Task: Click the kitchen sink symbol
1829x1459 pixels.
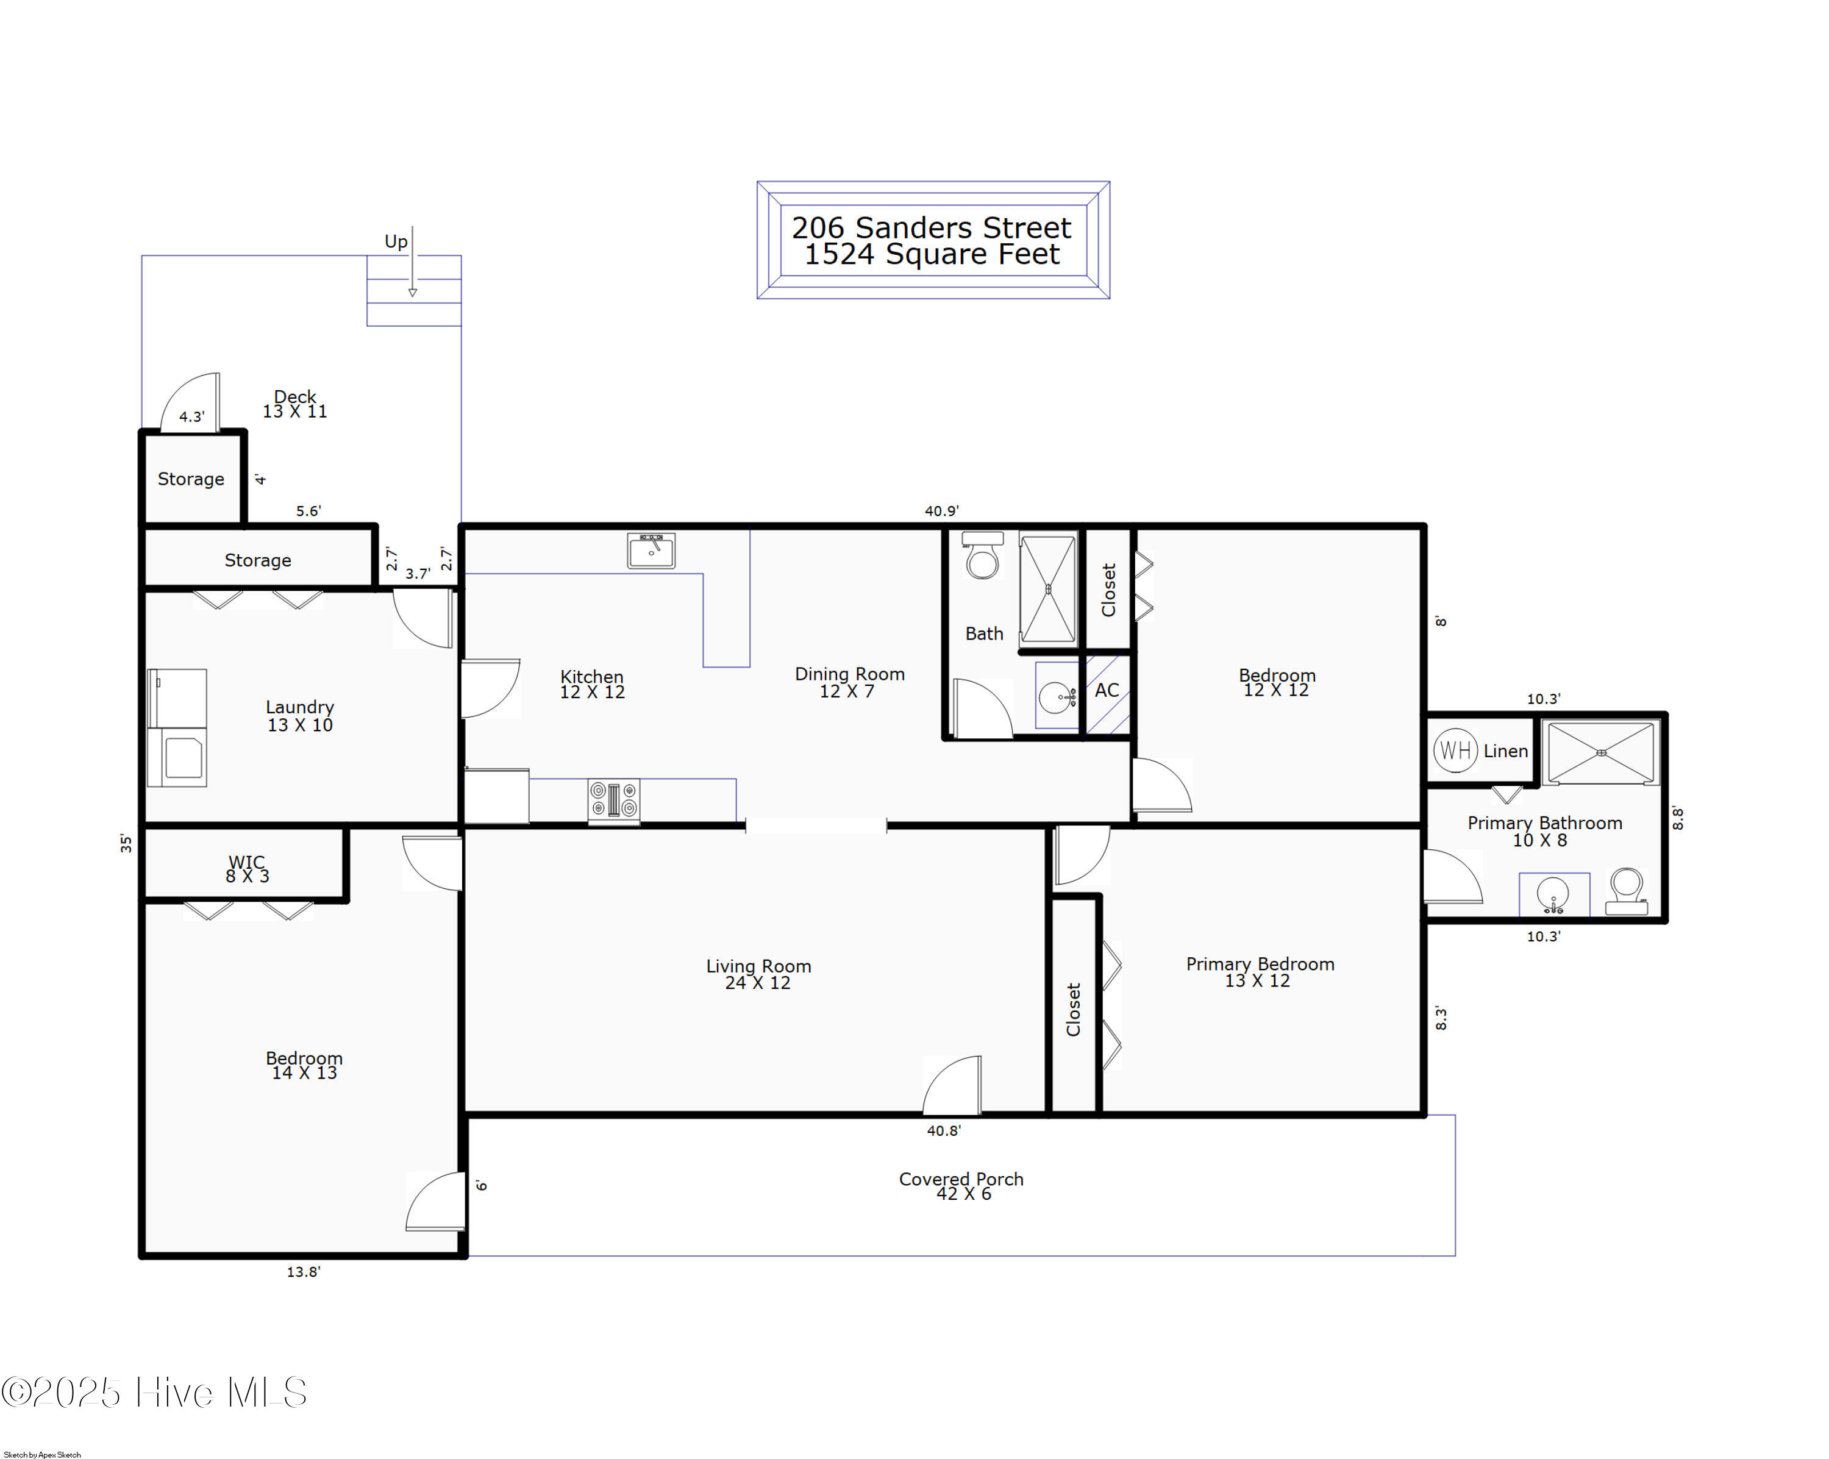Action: tap(651, 550)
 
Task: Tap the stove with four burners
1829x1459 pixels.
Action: tap(613, 800)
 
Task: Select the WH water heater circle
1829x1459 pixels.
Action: tap(1455, 751)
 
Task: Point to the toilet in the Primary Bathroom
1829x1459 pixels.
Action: tap(1626, 891)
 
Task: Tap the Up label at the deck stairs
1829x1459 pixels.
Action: tap(395, 242)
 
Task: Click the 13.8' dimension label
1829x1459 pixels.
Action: tap(303, 1272)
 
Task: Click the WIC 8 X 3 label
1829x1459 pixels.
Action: tap(247, 869)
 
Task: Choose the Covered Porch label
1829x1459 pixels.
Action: tap(961, 1179)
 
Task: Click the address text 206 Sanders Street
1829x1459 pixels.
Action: tap(932, 227)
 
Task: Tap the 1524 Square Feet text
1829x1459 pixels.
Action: tap(932, 254)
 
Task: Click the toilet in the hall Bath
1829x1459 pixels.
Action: tap(982, 555)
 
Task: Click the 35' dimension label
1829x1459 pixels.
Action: tap(126, 843)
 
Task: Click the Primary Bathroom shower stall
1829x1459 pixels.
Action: tap(1601, 752)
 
